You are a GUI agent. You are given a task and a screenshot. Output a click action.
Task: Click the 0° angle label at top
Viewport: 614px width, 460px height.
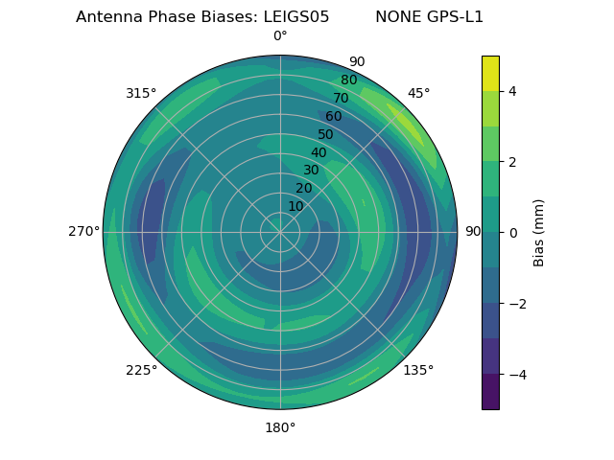click(280, 36)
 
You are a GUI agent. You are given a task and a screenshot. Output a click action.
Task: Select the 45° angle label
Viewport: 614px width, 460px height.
click(418, 93)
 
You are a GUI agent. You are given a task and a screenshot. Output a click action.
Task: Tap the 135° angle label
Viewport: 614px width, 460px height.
click(418, 370)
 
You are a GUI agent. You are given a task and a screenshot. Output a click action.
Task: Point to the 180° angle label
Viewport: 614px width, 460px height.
click(280, 427)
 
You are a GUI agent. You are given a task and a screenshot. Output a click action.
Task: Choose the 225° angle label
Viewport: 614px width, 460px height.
click(141, 370)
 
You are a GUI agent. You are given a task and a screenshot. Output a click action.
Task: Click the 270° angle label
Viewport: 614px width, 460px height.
click(83, 232)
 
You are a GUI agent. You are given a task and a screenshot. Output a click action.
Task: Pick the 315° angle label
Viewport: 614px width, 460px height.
click(141, 93)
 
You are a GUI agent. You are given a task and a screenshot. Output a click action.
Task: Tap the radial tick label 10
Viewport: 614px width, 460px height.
click(295, 207)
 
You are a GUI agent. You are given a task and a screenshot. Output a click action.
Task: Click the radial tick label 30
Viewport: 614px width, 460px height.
click(311, 171)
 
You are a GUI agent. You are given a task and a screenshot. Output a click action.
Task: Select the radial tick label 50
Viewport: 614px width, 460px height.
click(325, 135)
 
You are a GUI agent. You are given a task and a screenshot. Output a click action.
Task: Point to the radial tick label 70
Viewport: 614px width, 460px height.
click(341, 99)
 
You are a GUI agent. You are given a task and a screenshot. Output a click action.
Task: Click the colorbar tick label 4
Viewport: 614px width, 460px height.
click(512, 91)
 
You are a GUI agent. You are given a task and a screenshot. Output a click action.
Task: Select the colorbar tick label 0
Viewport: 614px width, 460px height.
click(512, 233)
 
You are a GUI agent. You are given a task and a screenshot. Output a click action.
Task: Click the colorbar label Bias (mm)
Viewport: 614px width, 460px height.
click(539, 233)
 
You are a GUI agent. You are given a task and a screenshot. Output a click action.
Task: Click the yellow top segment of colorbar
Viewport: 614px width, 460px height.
click(490, 73)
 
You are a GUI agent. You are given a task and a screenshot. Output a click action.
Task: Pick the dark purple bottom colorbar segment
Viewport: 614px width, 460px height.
click(490, 392)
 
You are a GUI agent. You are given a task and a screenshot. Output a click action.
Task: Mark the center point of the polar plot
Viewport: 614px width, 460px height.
click(280, 232)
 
